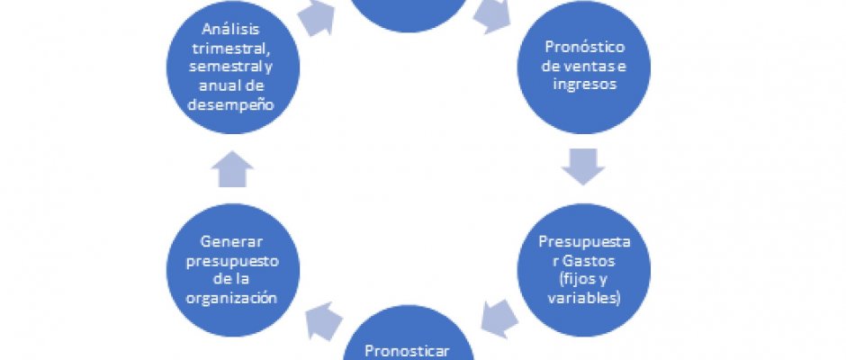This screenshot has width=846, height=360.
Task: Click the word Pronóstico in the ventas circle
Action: [x=586, y=47]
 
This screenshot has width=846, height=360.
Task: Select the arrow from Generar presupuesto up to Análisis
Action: [x=237, y=168]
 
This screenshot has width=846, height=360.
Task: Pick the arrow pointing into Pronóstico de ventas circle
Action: [x=493, y=15]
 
